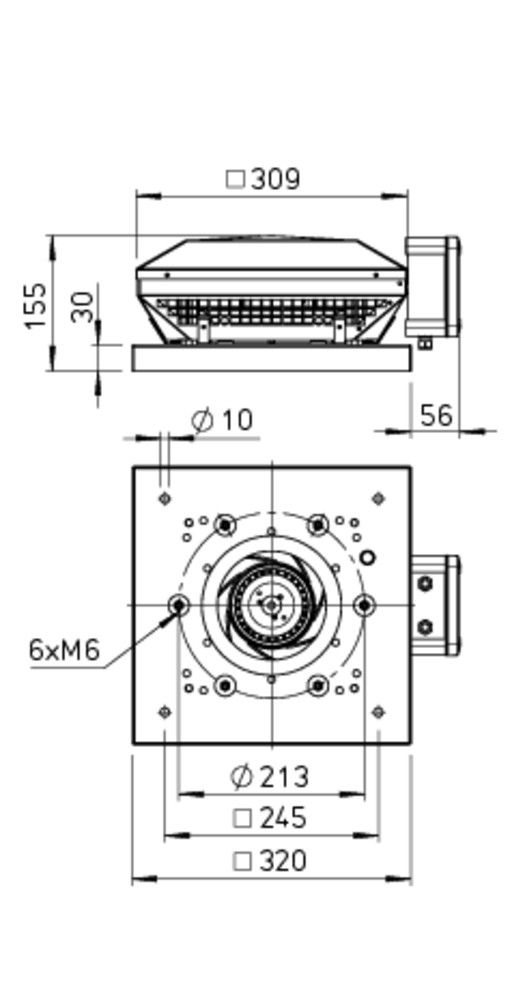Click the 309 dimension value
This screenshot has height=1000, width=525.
pos(275,179)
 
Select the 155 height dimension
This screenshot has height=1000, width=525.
pos(36,305)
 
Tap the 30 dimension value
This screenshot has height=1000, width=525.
pos(83,307)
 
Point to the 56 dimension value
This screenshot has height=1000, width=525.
pos(436,416)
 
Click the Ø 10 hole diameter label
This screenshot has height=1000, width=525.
pos(223,420)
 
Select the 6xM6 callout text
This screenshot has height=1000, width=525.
pos(65,651)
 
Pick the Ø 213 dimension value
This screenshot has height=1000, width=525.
pos(269,777)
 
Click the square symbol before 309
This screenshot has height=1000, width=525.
pos(236,179)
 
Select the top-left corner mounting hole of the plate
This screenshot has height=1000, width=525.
pos(165,499)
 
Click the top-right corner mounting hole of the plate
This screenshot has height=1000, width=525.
pos(378,499)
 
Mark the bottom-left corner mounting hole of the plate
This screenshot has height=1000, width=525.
pos(165,712)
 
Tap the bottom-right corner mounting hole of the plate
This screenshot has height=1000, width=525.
pos(378,712)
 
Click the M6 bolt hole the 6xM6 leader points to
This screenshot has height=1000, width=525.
pos(179,605)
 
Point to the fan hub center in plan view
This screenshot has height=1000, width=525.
pos(272,605)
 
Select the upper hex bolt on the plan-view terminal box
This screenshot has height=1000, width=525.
pos(425,583)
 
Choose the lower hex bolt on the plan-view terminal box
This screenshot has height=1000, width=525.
pos(425,628)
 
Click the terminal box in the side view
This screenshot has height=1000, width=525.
pos(432,287)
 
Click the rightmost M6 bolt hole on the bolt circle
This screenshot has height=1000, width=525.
pos(364,605)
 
